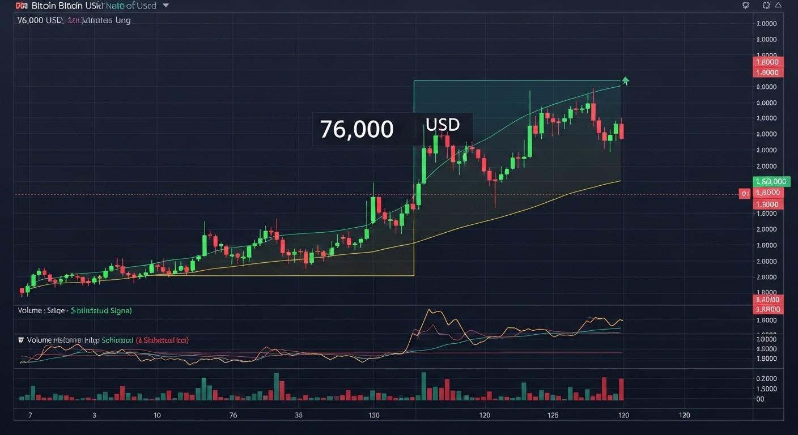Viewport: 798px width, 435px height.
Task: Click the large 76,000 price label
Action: point(356,129)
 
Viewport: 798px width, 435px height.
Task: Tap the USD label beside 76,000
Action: point(442,124)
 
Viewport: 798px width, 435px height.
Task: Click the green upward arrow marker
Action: point(625,80)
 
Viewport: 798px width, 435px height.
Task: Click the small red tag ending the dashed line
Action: point(745,194)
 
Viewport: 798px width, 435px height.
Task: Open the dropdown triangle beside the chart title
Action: point(165,6)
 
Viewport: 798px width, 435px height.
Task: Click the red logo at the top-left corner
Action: point(22,6)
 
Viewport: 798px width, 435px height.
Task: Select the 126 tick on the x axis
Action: point(553,415)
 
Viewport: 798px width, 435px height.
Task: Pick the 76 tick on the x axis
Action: point(233,415)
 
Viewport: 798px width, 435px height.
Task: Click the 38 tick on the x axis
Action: point(299,415)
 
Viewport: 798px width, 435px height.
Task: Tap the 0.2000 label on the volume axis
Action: point(766,378)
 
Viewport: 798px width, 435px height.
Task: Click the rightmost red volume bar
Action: point(621,389)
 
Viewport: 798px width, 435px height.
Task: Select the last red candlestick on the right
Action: point(622,131)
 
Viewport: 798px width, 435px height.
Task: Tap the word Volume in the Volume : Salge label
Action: point(30,311)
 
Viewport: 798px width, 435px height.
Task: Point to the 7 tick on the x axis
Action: point(30,415)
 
